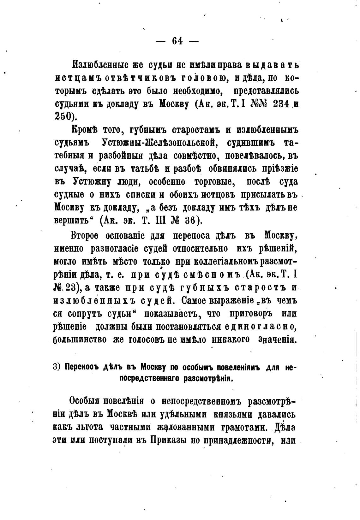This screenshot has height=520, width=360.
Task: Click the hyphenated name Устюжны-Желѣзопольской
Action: tap(159, 143)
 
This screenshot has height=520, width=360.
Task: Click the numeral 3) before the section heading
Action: tap(57, 367)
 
